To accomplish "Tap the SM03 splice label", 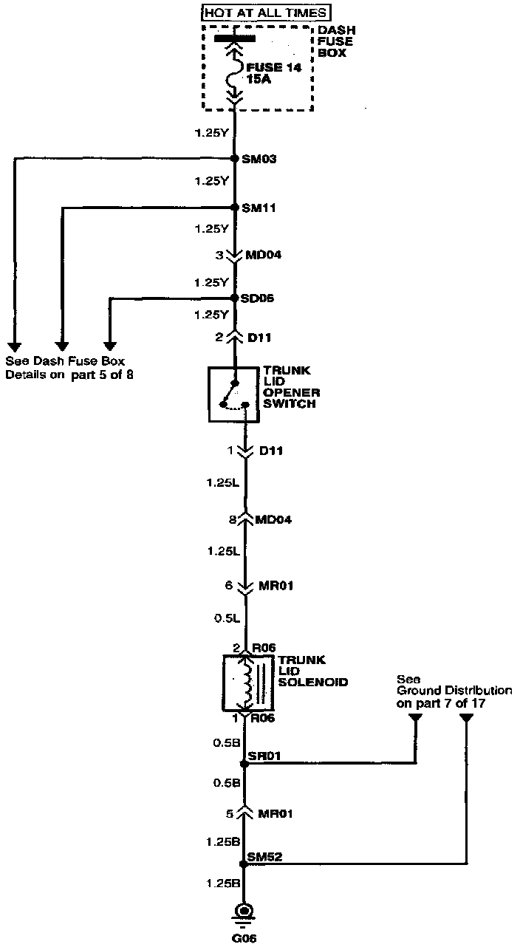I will pyautogui.click(x=259, y=159).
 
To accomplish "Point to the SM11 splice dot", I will pyautogui.click(x=234, y=208).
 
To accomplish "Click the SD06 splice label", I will pyautogui.click(x=258, y=298).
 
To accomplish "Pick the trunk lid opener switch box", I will pyautogui.click(x=234, y=394).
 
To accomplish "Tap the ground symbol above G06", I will pyautogui.click(x=244, y=913).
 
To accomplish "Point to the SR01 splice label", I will pyautogui.click(x=261, y=756).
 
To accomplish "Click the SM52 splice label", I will pyautogui.click(x=263, y=857).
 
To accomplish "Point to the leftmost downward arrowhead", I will pyautogui.click(x=14, y=345).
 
